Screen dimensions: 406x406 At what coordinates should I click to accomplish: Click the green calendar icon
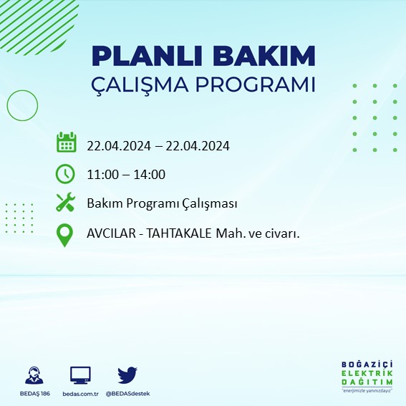pyautogui.click(x=66, y=142)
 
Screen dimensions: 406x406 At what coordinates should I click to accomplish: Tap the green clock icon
pyautogui.click(x=65, y=173)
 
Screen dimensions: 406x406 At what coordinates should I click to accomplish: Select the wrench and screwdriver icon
pyautogui.click(x=66, y=203)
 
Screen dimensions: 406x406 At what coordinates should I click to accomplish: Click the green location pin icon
pyautogui.click(x=65, y=235)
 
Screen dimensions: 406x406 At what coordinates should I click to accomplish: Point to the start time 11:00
pyautogui.click(x=102, y=175)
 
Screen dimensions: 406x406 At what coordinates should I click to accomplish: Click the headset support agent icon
pyautogui.click(x=33, y=375)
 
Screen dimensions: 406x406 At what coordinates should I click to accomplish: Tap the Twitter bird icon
pyautogui.click(x=127, y=374)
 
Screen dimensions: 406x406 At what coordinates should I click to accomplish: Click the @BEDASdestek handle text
pyautogui.click(x=127, y=394)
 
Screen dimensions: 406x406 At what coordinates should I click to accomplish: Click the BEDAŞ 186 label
pyautogui.click(x=33, y=394)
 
